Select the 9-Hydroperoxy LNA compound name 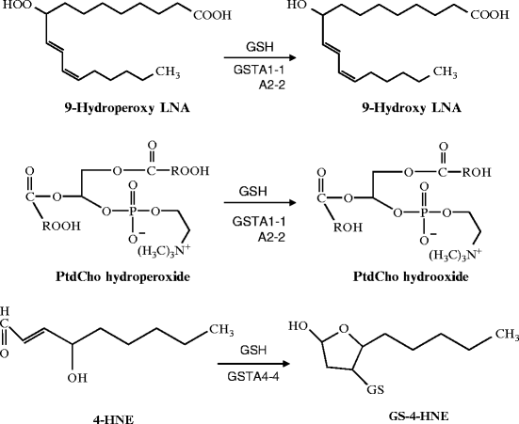point(127,108)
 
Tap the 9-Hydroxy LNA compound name point(411,108)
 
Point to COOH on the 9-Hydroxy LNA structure point(489,15)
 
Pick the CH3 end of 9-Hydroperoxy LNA point(168,71)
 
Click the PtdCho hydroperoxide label point(122,276)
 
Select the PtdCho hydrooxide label point(411,276)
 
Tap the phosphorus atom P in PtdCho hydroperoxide point(133,212)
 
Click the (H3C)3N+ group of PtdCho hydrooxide point(456,255)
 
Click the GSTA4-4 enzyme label point(253,376)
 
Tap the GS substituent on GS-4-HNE point(376,389)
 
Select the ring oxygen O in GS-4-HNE point(344,328)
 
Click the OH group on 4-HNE point(77,377)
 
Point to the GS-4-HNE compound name point(419,416)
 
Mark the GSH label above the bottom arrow point(253,350)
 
